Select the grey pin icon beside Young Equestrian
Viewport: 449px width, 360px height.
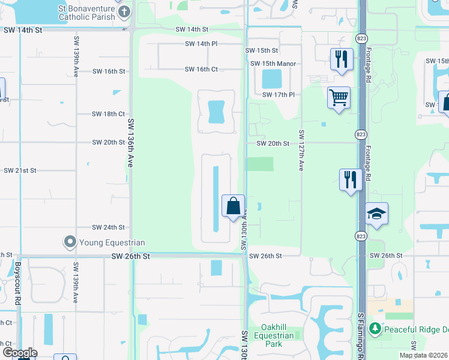coord(70,242)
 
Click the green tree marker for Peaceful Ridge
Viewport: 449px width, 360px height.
coord(375,329)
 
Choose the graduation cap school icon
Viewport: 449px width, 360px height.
coord(376,214)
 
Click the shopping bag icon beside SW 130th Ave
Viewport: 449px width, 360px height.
coord(233,206)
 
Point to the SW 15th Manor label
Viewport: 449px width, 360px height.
coord(273,64)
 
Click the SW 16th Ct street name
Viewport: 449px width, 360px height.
coord(201,70)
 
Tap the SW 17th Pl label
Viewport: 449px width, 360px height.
coord(279,95)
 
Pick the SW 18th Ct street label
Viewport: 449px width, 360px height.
coord(109,114)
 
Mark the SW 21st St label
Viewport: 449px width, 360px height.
coord(20,170)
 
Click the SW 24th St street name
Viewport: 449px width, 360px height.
coord(109,227)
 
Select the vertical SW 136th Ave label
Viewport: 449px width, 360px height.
coord(130,142)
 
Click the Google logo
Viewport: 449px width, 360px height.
coord(20,353)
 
